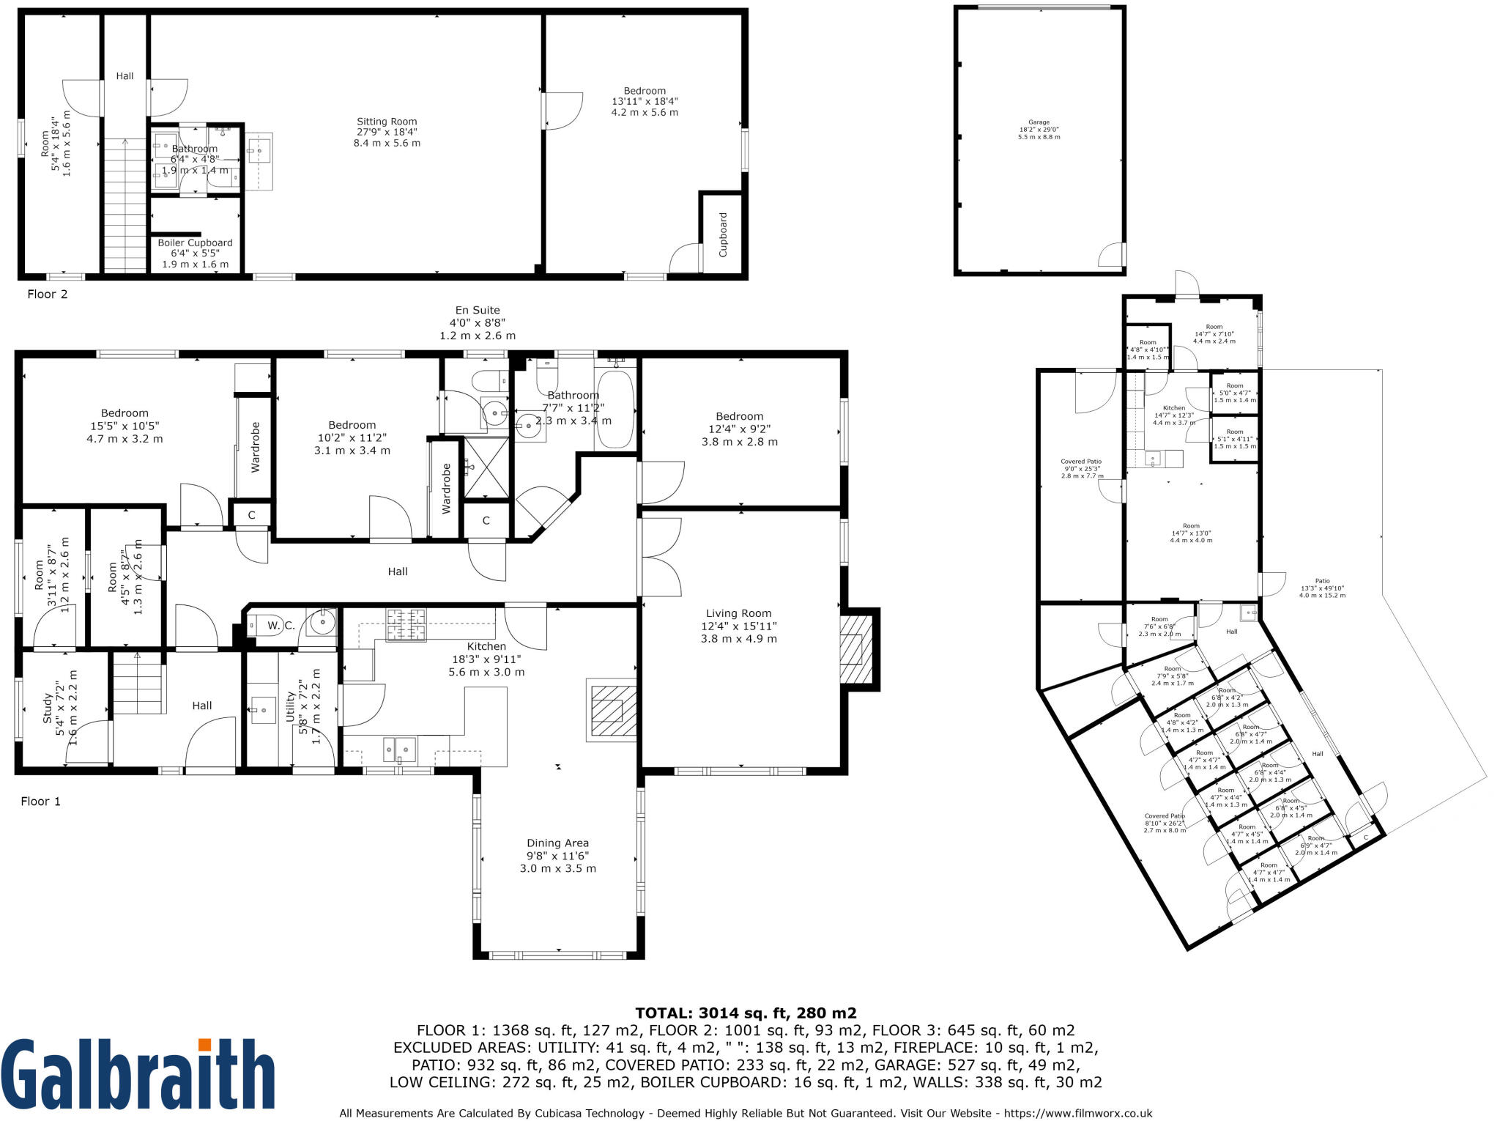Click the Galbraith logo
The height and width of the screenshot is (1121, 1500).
(x=138, y=1073)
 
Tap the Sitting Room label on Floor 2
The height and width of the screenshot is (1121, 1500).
(x=387, y=132)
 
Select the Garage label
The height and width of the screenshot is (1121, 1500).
(x=1039, y=130)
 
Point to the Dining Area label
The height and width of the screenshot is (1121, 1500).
(x=557, y=855)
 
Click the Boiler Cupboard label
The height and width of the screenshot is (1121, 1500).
(x=195, y=253)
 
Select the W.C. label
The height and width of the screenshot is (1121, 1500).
(x=281, y=625)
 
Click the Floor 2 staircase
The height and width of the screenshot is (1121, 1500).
(x=125, y=205)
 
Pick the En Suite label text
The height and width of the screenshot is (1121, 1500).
(x=478, y=322)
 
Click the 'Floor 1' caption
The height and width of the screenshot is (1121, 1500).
(x=40, y=801)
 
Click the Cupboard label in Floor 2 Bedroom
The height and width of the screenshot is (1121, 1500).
(x=723, y=234)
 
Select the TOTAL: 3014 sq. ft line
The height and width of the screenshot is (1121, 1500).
(x=746, y=1013)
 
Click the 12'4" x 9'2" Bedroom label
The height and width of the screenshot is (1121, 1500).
(x=739, y=429)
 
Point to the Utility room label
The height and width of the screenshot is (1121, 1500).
(x=302, y=707)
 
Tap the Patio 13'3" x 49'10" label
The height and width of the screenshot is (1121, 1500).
(x=1322, y=588)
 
